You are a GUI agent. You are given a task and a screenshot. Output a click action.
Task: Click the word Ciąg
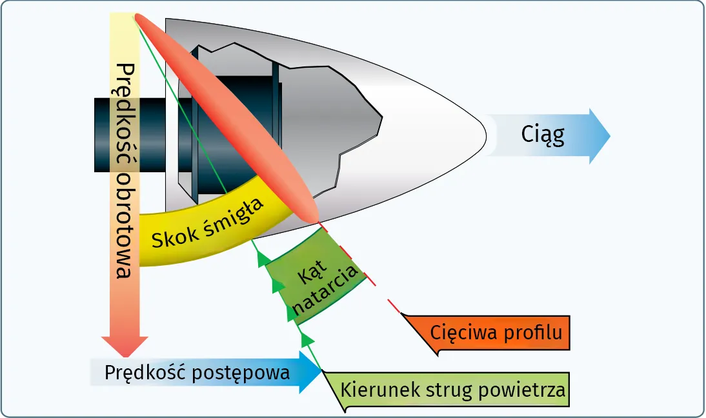point(542,135)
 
